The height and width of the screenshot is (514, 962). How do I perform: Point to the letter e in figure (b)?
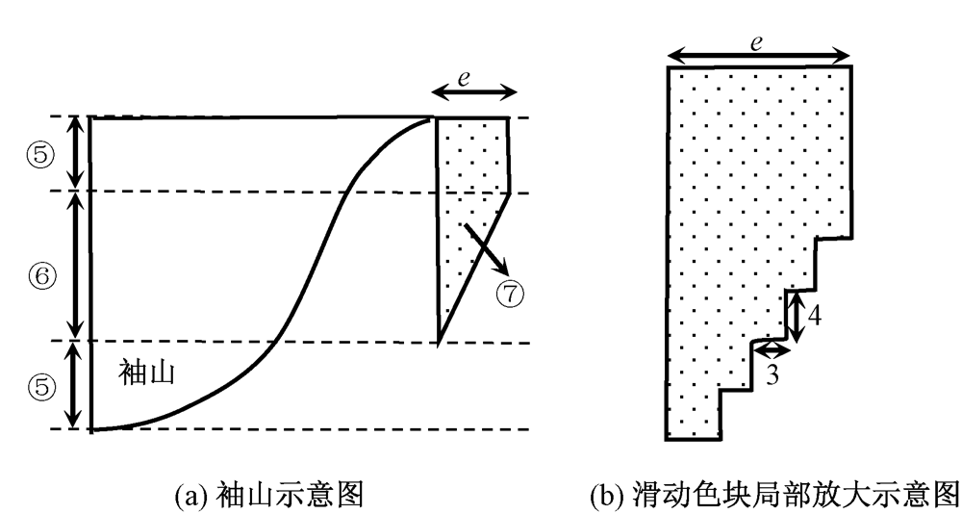(x=756, y=42)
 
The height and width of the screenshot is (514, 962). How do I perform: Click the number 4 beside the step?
(x=814, y=315)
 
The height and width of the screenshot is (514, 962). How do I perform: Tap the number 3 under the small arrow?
(x=771, y=373)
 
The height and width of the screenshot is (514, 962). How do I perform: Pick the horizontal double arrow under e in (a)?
(x=473, y=93)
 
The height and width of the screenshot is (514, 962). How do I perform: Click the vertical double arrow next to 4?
(x=795, y=315)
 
